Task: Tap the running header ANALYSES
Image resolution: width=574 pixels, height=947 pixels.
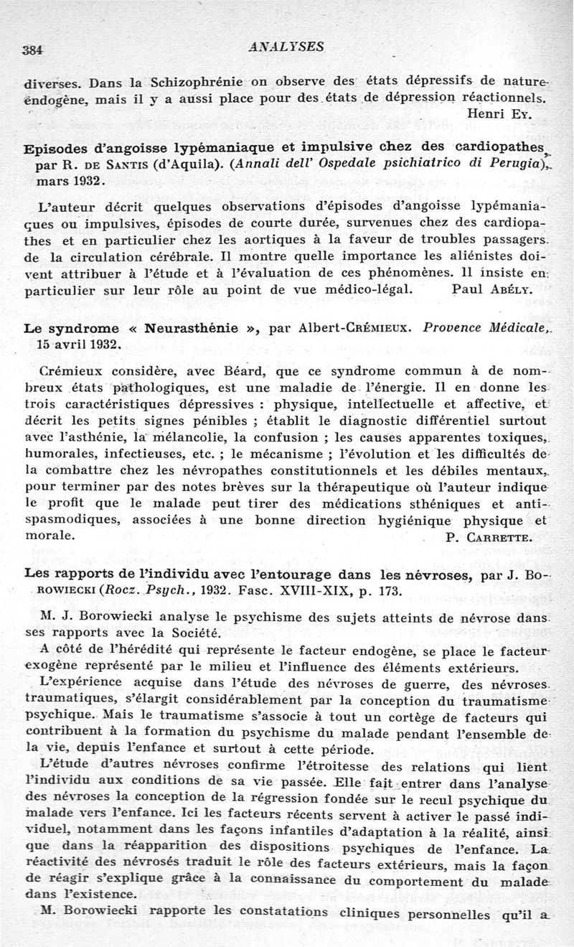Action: coord(286,47)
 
